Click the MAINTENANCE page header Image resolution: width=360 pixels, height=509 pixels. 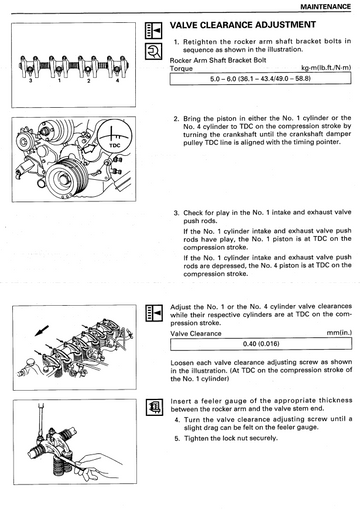pyautogui.click(x=325, y=7)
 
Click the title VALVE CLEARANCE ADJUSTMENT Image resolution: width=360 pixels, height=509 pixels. pyautogui.click(x=243, y=25)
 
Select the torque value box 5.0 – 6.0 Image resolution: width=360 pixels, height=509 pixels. pyautogui.click(x=260, y=79)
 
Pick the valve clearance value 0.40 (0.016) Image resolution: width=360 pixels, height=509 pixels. pyautogui.click(x=261, y=344)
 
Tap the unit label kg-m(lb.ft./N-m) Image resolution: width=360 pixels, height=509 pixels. pyautogui.click(x=326, y=68)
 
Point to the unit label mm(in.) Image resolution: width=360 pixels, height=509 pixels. pyautogui.click(x=339, y=333)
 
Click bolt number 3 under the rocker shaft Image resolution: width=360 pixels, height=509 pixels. pyautogui.click(x=30, y=80)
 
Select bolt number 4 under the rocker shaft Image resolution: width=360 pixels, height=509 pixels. pyautogui.click(x=117, y=80)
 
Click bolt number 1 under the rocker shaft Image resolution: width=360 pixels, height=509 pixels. pyautogui.click(x=59, y=80)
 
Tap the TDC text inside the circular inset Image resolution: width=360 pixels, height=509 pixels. pyautogui.click(x=115, y=145)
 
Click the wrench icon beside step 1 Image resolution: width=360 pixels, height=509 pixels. pyautogui.click(x=153, y=51)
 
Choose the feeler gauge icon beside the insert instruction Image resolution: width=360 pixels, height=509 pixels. pyautogui.click(x=154, y=407)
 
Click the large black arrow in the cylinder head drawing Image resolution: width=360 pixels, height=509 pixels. pyautogui.click(x=42, y=331)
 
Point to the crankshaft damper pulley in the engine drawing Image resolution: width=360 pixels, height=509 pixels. pyautogui.click(x=67, y=177)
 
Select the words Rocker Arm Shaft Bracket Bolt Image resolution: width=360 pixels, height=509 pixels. pyautogui.click(x=218, y=60)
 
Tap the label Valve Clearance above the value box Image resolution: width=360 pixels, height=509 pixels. pyautogui.click(x=196, y=333)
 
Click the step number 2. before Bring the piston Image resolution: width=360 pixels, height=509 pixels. pyautogui.click(x=176, y=119)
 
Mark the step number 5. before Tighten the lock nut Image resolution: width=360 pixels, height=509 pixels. pyautogui.click(x=177, y=438)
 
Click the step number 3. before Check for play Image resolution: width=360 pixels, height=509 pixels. pyautogui.click(x=176, y=213)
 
